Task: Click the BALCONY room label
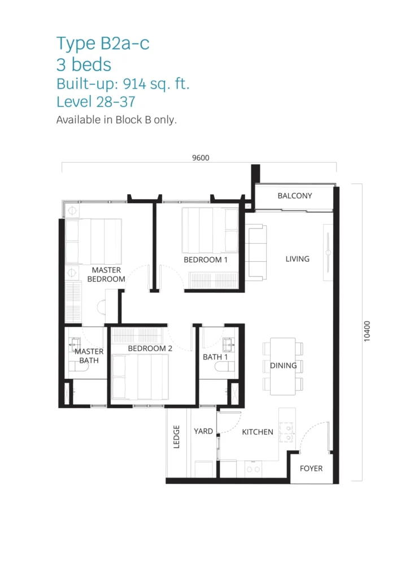pos(295,196)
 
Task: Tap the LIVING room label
pos(297,259)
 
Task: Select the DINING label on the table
pos(284,365)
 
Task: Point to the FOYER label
pos(311,468)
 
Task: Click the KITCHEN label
pos(258,432)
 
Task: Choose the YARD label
pos(203,431)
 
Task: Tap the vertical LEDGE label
pos(176,437)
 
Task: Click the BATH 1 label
pos(215,357)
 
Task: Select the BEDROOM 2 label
pos(150,348)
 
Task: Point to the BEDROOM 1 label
pos(206,260)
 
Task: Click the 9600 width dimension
pos(201,158)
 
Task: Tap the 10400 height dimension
pos(367,331)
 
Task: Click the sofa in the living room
pos(256,252)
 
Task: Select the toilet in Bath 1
pos(225,366)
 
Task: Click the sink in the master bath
pos(75,344)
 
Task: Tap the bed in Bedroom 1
pos(210,230)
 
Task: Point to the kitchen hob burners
pos(286,432)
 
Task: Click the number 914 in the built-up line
pos(135,84)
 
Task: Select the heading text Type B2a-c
pos(103,43)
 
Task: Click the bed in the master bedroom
pos(93,242)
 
